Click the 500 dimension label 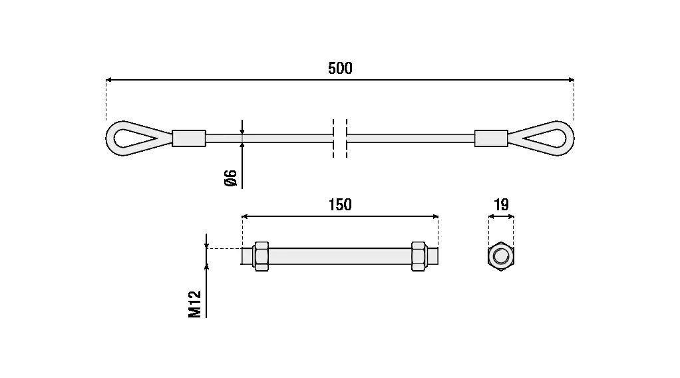(340, 68)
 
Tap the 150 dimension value (340, 204)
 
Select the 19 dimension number (501, 204)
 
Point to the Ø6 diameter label (231, 178)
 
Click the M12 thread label (195, 304)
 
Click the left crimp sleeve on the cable (189, 138)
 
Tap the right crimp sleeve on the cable (491, 138)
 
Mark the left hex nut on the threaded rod (261, 256)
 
